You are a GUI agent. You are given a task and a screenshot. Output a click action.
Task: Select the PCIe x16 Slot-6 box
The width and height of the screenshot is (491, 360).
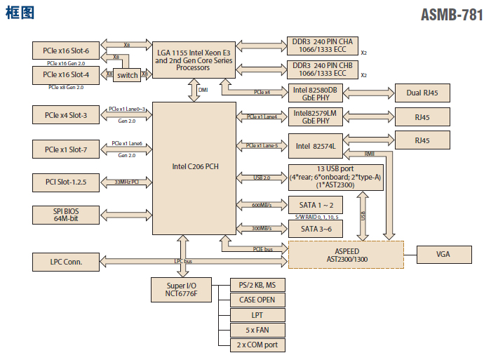[x=66, y=51]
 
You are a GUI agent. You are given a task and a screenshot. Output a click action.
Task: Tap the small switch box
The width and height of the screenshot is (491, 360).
[x=127, y=75]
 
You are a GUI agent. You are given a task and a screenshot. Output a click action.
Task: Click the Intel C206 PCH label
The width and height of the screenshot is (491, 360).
[x=194, y=167]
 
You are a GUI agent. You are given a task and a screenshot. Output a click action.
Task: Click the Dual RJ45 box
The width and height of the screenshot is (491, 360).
[x=422, y=93]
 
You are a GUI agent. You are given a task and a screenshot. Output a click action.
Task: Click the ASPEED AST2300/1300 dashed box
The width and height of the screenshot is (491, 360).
[x=347, y=255]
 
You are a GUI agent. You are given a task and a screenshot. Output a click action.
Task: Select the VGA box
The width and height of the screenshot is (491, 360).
[x=443, y=254]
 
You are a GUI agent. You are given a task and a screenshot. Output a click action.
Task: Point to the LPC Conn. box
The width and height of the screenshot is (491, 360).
[x=67, y=262]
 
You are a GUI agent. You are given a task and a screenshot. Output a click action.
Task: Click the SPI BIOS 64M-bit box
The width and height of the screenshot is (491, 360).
[x=66, y=215]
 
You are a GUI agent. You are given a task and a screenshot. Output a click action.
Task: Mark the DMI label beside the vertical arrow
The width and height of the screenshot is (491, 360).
[x=203, y=90]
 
